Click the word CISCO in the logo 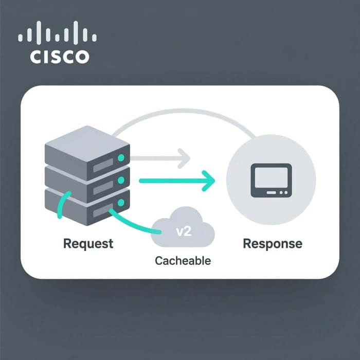click(x=60, y=56)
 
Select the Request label click(x=88, y=243)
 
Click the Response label click(x=272, y=243)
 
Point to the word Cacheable click(x=183, y=260)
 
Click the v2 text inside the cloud click(x=184, y=231)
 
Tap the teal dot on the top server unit click(x=121, y=157)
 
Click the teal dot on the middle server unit click(x=121, y=181)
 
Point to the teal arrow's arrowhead click(x=209, y=180)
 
